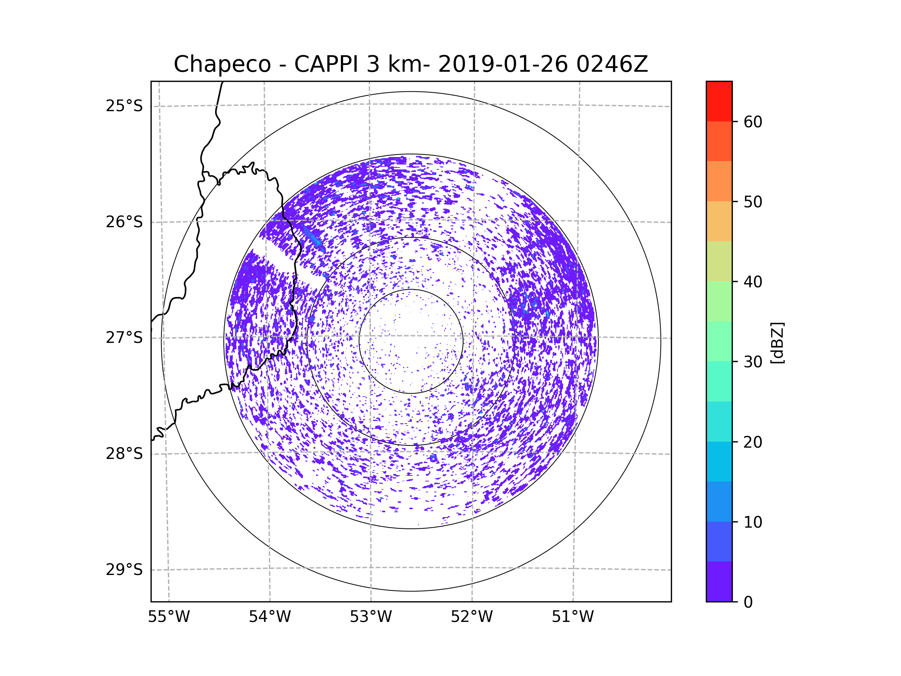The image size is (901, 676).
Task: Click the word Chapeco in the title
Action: tap(222, 64)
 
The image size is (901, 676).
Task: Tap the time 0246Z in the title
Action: tap(612, 64)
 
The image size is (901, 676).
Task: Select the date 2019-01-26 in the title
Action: tap(503, 64)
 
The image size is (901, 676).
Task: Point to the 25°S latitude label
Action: tap(124, 106)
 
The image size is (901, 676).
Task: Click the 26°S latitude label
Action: tap(124, 222)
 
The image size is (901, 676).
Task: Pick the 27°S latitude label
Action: tap(124, 338)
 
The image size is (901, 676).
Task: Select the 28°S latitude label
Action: tap(124, 454)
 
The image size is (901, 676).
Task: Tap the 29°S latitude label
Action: tap(124, 570)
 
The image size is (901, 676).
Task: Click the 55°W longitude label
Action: tap(169, 617)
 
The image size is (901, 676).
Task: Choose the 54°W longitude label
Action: tap(270, 617)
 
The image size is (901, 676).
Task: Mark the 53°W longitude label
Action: tap(371, 617)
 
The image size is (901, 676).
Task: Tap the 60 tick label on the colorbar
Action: tap(753, 122)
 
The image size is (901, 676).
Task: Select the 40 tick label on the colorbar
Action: tap(753, 282)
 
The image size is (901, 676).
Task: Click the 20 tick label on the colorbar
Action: tap(753, 442)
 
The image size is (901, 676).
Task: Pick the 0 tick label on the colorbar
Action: tap(748, 602)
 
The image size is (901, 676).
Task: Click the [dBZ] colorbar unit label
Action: tap(777, 343)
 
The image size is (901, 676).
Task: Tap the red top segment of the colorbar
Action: tap(719, 101)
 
